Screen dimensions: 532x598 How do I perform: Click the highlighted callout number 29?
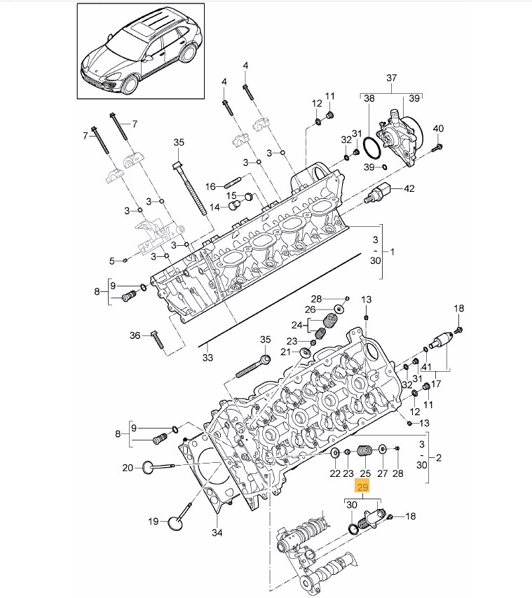click(362, 487)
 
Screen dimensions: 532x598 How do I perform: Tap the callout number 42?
click(409, 188)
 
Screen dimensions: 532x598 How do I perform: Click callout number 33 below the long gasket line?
click(207, 358)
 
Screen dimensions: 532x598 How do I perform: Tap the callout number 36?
click(135, 335)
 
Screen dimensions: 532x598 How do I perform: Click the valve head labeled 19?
click(176, 522)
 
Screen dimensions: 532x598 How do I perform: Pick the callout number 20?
click(128, 468)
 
